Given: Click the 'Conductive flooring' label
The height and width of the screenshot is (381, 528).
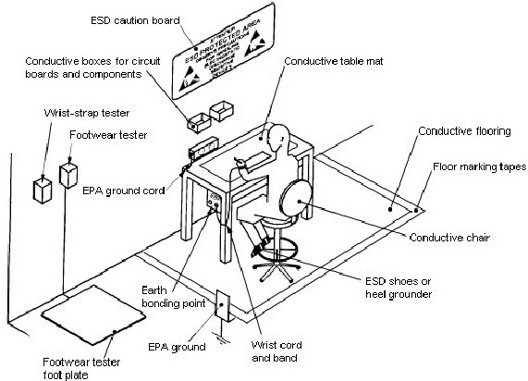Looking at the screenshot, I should [x=464, y=131].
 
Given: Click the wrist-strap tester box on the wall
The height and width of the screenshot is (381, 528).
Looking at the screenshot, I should [x=42, y=189].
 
